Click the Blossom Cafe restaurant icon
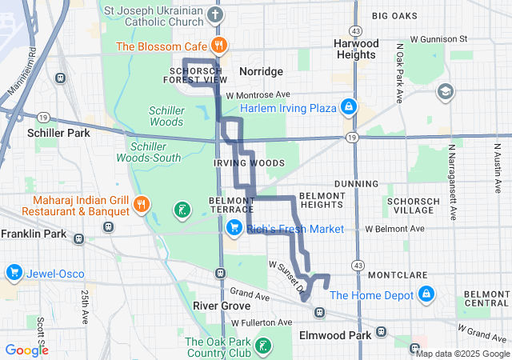217,45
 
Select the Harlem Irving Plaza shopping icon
349,106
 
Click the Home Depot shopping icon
426,295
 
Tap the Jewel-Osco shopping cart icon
14,274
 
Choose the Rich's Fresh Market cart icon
234,229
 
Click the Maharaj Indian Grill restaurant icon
141,205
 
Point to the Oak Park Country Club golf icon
263,346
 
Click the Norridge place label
260,72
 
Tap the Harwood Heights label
356,48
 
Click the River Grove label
222,306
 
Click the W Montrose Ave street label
257,94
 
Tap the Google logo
26,350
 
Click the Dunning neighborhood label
355,183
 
